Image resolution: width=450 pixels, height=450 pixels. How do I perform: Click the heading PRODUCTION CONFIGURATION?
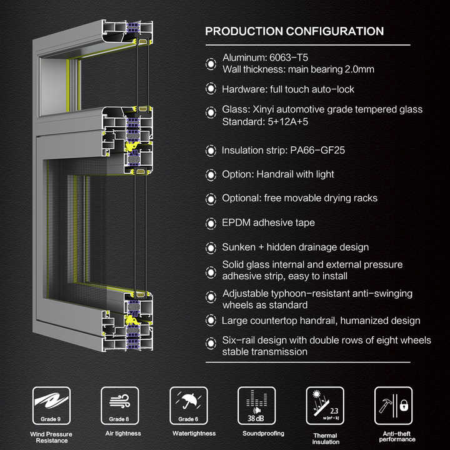click(x=294, y=31)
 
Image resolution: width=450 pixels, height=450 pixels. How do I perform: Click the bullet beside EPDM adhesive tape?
click(x=211, y=223)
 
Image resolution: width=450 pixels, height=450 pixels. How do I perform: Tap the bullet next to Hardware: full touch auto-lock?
click(x=211, y=89)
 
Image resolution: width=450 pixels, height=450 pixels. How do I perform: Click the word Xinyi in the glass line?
click(x=263, y=109)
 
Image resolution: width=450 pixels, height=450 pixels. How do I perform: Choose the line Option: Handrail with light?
click(x=278, y=174)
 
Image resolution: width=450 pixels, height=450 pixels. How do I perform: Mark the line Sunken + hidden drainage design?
click(x=295, y=247)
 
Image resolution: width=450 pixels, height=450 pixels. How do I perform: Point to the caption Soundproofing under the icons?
click(x=263, y=433)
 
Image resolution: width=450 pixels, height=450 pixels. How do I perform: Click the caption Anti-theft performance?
click(x=397, y=436)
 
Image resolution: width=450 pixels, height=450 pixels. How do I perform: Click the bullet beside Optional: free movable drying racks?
click(x=211, y=199)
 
